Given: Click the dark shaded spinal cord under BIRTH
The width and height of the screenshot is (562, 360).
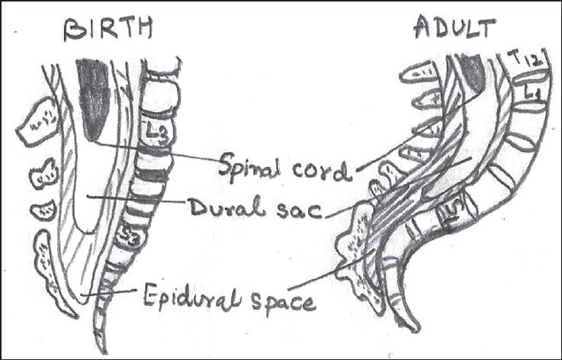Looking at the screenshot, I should [93, 99].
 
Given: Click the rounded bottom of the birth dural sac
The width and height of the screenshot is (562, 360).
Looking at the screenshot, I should [86, 229].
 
